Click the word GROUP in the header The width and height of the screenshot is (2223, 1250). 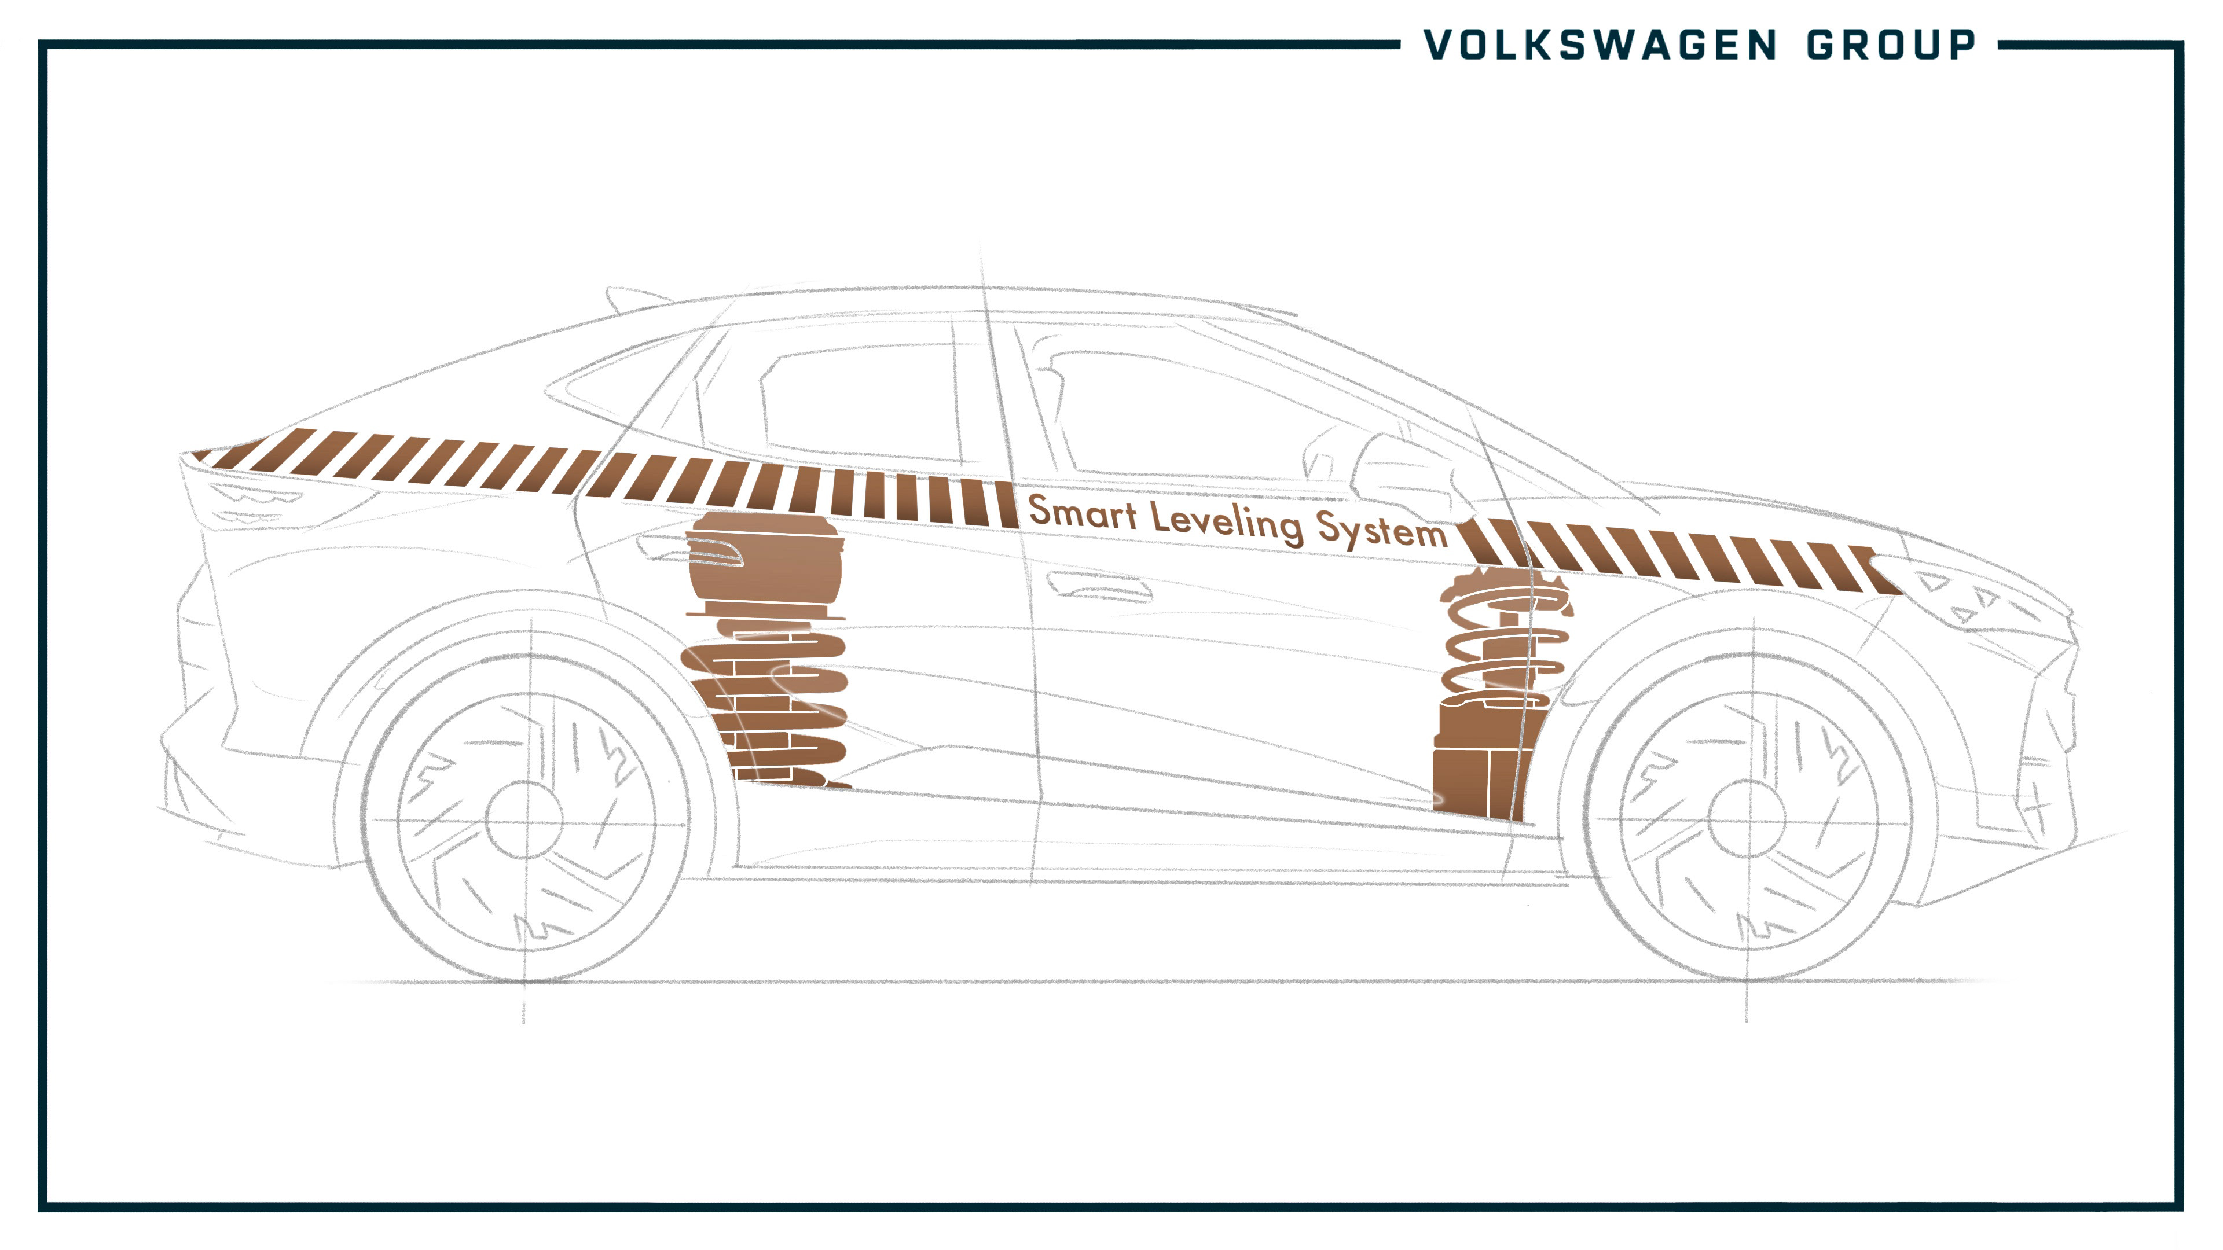click(x=1891, y=45)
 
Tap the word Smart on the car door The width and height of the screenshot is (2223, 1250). click(x=1082, y=512)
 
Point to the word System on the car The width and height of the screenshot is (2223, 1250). click(x=1381, y=529)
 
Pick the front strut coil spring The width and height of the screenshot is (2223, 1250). click(x=1506, y=638)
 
